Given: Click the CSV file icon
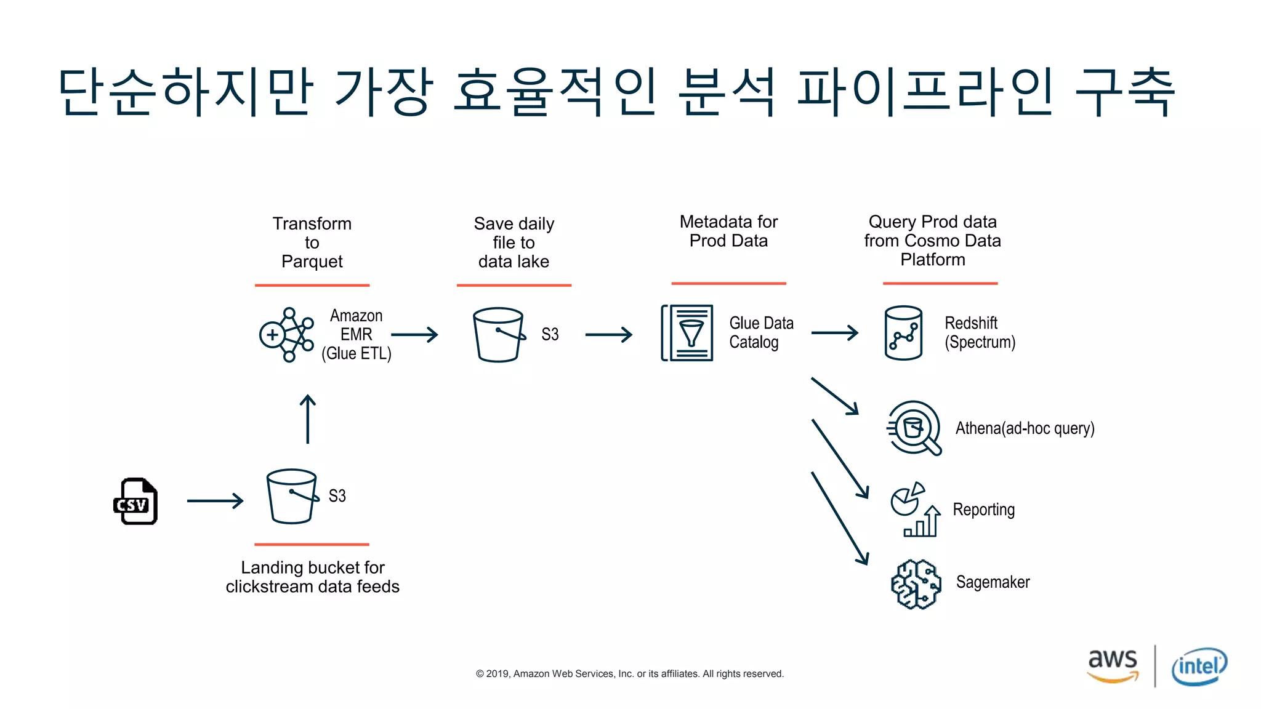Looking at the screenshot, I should [x=136, y=501].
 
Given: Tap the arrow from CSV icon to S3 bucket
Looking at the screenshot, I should [x=215, y=501].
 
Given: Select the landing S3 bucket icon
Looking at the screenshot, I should [x=292, y=496].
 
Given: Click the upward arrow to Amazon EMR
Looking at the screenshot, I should [x=308, y=419].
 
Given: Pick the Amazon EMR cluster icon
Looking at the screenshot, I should [x=286, y=335].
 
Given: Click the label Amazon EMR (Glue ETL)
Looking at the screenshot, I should [x=356, y=335].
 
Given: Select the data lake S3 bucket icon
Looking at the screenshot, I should [x=499, y=335].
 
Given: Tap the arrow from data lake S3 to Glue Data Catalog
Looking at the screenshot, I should [x=608, y=335].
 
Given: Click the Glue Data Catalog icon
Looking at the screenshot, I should [x=687, y=333].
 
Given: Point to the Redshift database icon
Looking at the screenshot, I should [x=903, y=333].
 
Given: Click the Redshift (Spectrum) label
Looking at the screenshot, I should [x=980, y=332].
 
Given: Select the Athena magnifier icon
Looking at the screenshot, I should [x=914, y=428].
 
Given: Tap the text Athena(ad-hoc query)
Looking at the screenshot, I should [x=1025, y=428].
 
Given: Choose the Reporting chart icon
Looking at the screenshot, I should [x=916, y=510].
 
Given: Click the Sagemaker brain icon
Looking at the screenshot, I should [x=916, y=584].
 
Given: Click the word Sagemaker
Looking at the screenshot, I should [x=993, y=582].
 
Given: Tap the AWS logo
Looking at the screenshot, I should [x=1113, y=665].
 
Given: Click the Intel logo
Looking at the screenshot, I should [x=1199, y=667].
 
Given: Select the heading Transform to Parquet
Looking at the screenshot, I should [x=312, y=242].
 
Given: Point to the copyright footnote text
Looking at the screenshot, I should [x=629, y=674].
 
